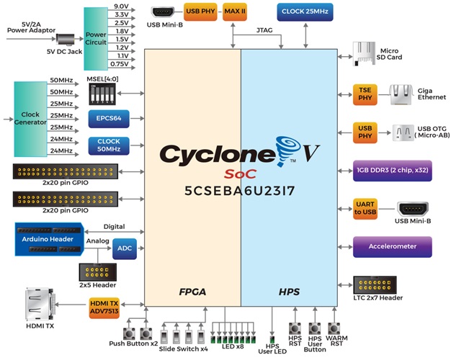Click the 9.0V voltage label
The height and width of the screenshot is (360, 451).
point(122,6)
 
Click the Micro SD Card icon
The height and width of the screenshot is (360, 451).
point(363,51)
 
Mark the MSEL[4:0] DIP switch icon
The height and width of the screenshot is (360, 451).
point(100,93)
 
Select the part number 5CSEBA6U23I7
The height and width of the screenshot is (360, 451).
point(241,192)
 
